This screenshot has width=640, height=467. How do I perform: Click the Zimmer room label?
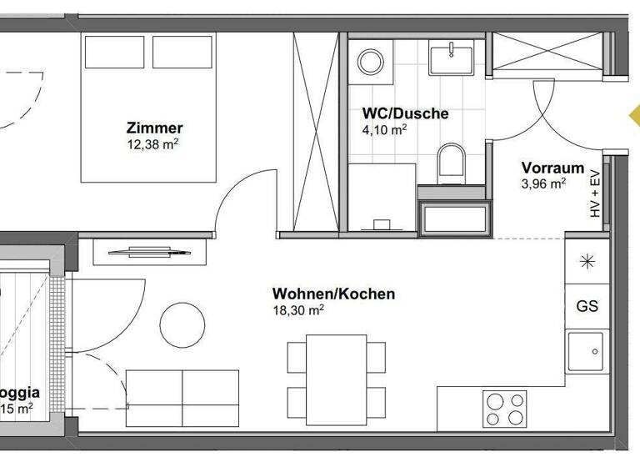click(154, 128)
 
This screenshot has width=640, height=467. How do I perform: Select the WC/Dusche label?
click(405, 113)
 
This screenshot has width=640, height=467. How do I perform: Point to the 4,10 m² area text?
click(384, 130)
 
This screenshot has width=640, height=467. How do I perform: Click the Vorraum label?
click(552, 168)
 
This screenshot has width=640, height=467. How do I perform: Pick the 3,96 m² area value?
click(544, 184)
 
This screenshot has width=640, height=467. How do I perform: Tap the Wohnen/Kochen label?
click(333, 294)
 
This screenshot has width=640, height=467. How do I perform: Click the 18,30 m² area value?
click(298, 309)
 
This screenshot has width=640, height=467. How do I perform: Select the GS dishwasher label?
click(587, 306)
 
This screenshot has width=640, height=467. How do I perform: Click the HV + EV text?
click(595, 193)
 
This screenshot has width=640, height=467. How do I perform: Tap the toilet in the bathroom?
click(451, 162)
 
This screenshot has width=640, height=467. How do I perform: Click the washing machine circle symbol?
click(368, 60)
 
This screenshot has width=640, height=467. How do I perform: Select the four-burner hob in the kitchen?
click(505, 408)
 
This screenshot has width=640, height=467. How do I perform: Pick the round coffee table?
click(182, 324)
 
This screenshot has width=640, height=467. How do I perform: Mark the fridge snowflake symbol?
click(587, 261)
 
